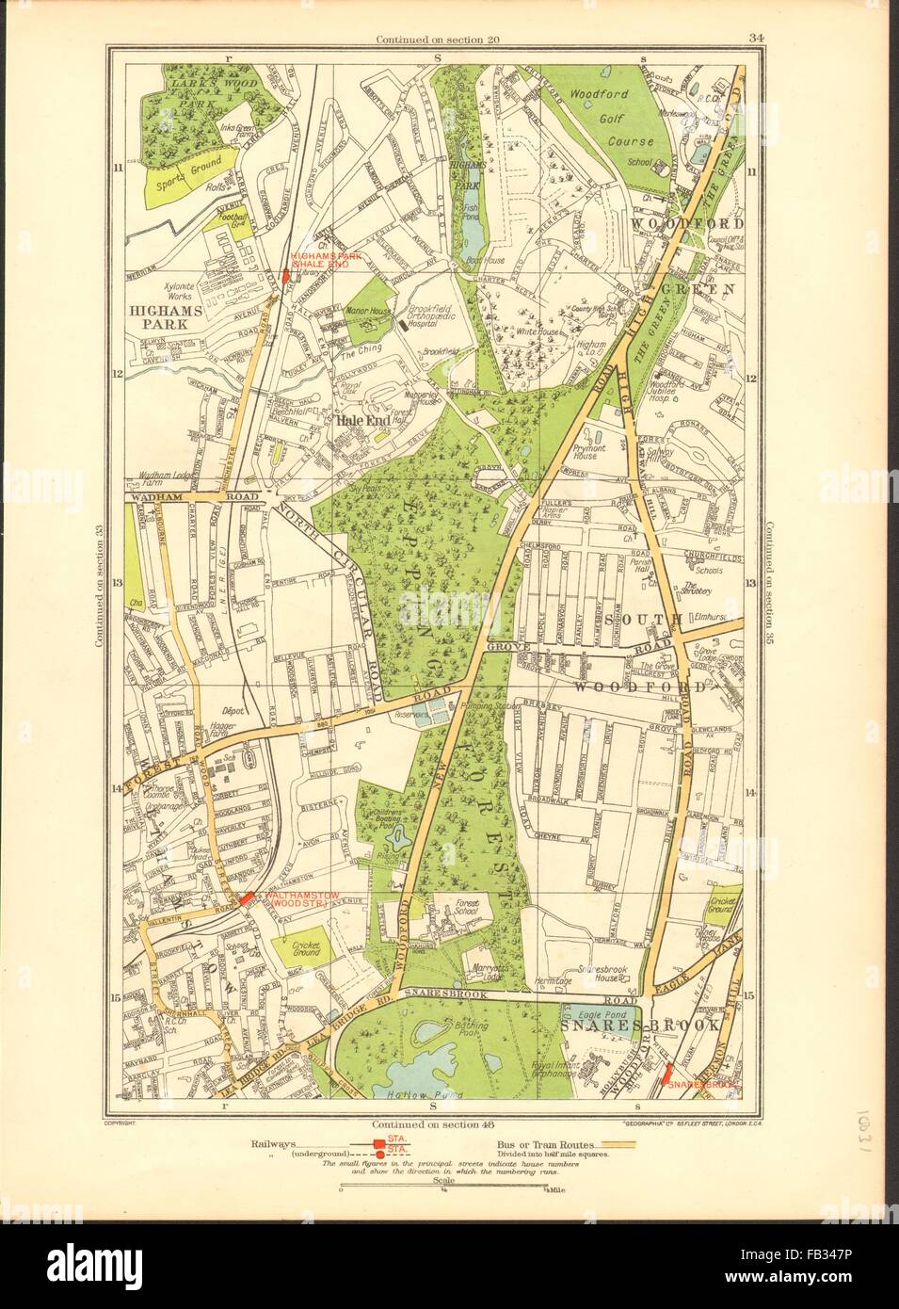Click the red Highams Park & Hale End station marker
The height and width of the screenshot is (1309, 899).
click(284, 277)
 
